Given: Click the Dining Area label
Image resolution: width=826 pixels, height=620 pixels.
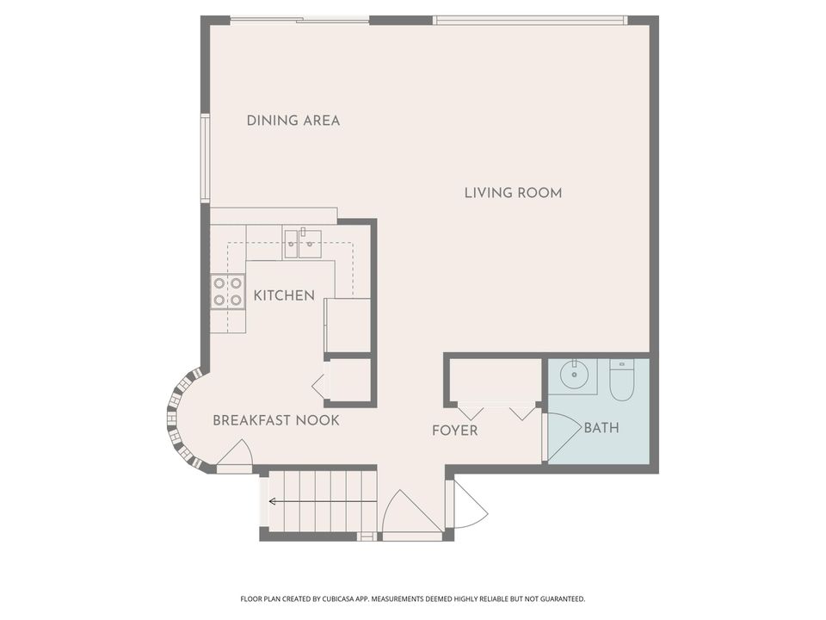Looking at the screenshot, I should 293,121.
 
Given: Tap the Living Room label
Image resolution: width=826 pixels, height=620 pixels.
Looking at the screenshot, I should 513,193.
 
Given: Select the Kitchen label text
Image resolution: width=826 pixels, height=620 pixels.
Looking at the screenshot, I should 284,296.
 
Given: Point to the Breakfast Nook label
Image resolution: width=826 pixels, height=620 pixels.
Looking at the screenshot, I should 275,420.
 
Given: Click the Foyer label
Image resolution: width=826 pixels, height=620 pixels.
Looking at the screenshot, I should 454,431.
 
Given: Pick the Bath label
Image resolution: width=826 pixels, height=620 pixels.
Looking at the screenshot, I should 601,427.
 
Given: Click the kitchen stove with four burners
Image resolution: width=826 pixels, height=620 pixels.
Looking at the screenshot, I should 228,292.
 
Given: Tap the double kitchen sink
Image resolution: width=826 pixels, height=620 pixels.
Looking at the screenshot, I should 302,243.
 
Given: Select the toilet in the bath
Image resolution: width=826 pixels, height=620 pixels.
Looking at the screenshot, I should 621,379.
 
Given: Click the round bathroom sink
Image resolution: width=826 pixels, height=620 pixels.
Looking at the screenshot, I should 573,375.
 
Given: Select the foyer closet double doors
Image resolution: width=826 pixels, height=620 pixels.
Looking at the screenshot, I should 496,412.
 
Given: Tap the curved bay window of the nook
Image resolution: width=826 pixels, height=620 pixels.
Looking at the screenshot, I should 177,420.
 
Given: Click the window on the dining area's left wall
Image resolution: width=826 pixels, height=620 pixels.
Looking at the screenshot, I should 205,158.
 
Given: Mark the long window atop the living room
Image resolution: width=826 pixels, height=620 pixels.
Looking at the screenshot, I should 529,20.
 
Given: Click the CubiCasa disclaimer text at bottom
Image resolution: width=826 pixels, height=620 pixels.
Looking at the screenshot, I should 412,598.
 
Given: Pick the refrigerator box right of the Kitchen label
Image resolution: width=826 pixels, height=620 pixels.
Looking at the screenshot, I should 348,325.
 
